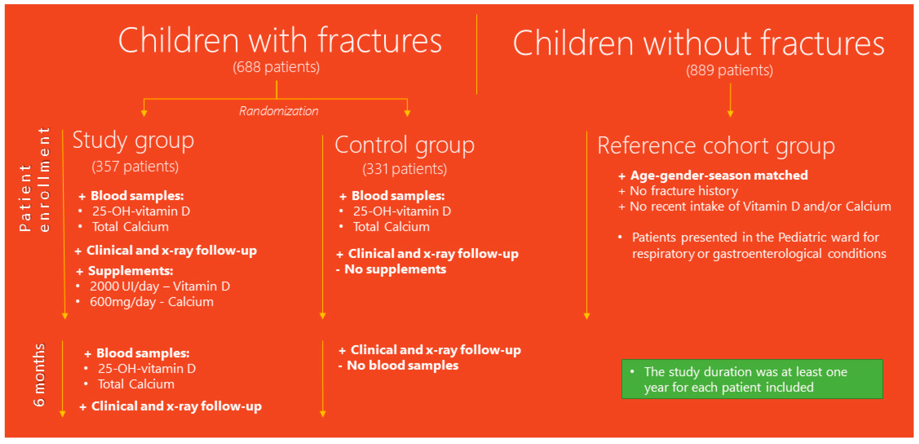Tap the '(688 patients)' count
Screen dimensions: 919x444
[x=276, y=67]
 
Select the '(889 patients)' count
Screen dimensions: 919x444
[x=730, y=70]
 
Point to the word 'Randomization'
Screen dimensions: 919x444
[x=279, y=111]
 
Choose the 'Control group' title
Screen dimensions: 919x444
[x=405, y=146]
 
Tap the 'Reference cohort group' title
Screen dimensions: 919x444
[x=716, y=146]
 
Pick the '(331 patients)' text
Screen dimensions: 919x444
[x=405, y=169]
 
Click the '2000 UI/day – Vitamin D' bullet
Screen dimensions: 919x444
[x=160, y=286]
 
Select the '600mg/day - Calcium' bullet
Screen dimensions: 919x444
[x=152, y=302]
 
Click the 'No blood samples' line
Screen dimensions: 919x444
[x=402, y=365]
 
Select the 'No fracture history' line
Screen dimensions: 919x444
[x=684, y=191]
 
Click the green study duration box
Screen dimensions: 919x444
[x=752, y=379]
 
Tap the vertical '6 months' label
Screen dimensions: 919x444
[x=39, y=375]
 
